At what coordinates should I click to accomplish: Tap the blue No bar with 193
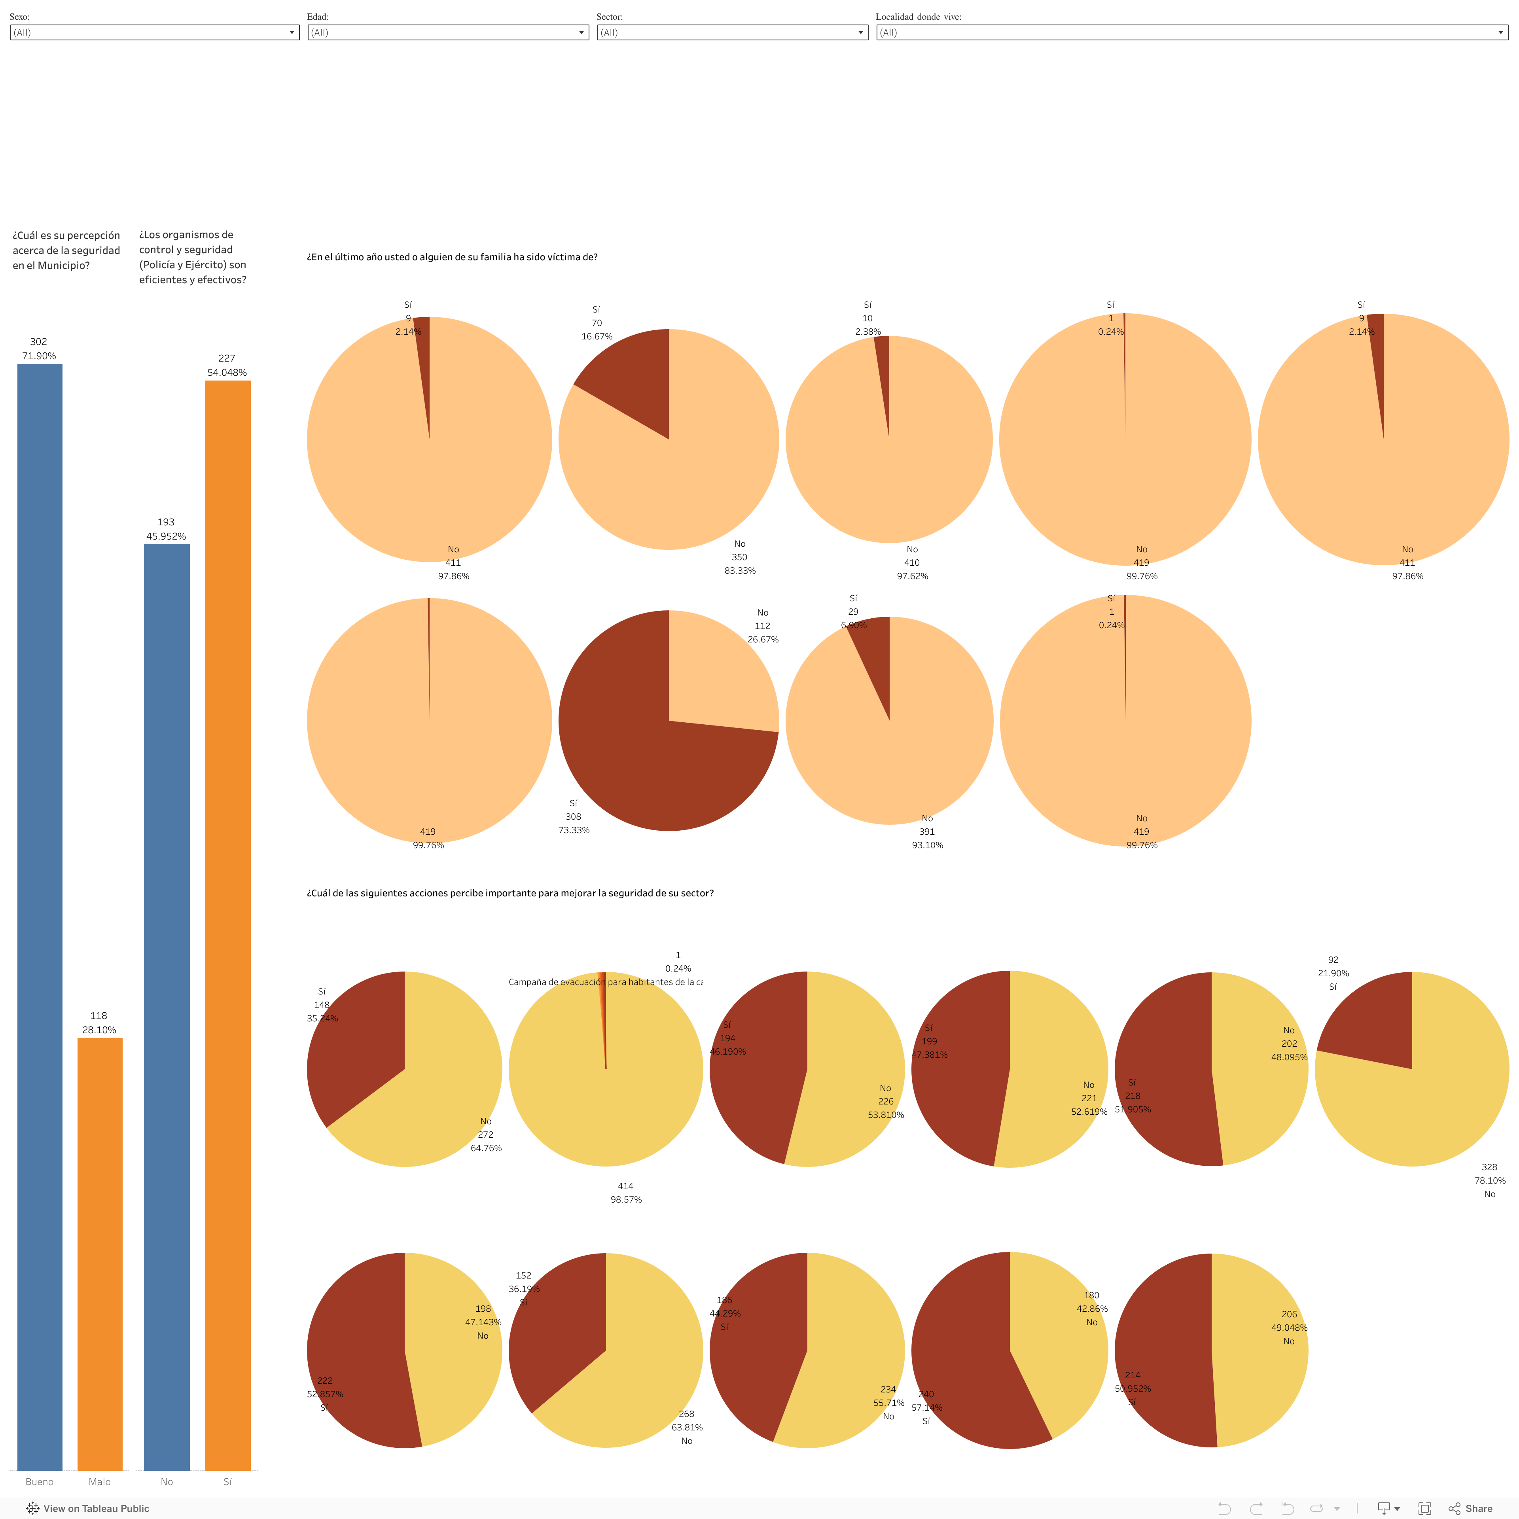click(167, 1006)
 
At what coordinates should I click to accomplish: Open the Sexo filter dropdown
click(154, 32)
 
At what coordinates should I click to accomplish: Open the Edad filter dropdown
click(448, 32)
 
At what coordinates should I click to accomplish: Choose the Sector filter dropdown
click(732, 32)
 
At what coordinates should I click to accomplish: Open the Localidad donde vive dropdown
click(1191, 32)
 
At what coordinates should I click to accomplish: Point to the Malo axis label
click(100, 1481)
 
